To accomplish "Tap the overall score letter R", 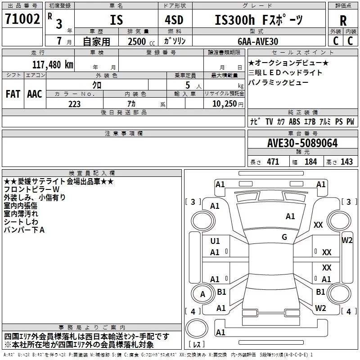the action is click(343, 21).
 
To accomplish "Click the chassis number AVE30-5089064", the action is click(302, 143).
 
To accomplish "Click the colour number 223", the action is click(74, 104).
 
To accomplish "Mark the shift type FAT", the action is click(13, 94).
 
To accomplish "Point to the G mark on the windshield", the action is click(284, 237).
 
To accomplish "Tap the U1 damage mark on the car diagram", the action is click(215, 241).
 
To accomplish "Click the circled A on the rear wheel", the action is click(202, 295).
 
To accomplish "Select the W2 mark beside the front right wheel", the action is click(347, 240).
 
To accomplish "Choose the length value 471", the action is click(272, 162).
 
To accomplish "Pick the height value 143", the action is click(346, 162).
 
